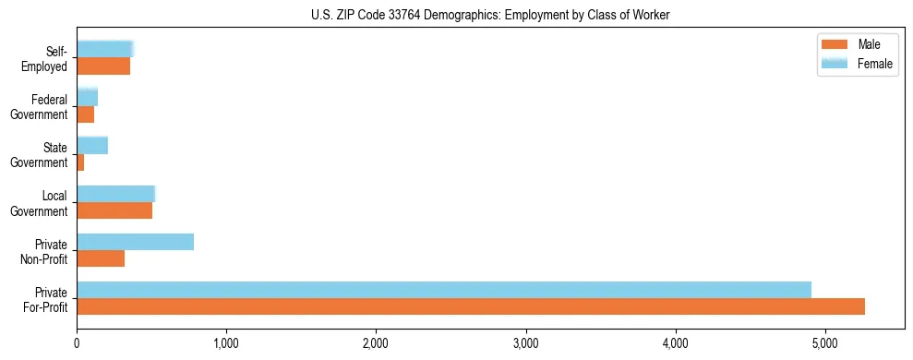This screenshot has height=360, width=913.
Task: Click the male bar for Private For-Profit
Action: coord(471,306)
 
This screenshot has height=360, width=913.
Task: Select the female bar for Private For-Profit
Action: coord(444,290)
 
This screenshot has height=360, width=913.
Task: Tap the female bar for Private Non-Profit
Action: coord(135,242)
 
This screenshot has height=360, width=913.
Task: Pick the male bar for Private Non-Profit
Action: coord(101,258)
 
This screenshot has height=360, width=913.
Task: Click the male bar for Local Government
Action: coord(114,210)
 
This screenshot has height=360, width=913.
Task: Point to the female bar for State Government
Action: coord(92,145)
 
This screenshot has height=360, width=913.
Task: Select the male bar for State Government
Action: coord(80,162)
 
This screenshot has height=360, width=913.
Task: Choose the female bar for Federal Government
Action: coord(87,97)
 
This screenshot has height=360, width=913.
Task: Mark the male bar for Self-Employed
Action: coord(103,66)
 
